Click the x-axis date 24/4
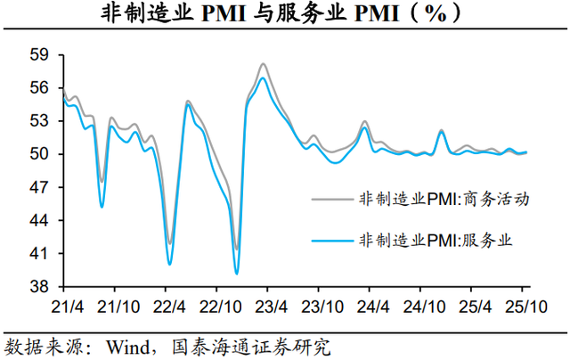click(x=375, y=305)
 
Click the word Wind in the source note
click(x=124, y=345)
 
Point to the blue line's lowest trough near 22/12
click(x=236, y=274)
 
